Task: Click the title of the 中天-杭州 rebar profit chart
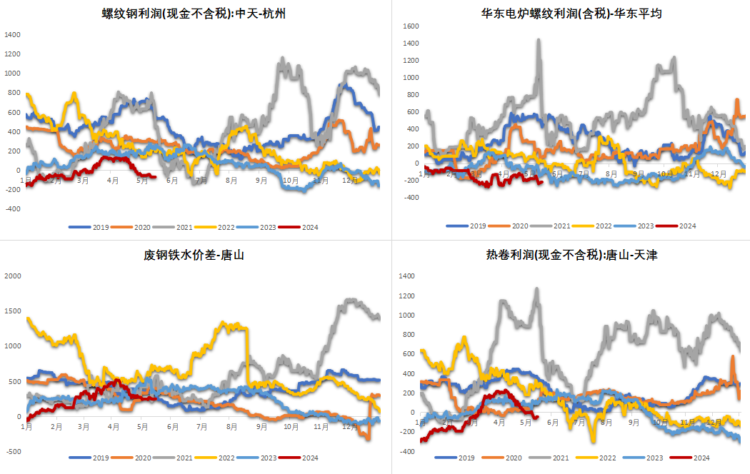[x=194, y=14]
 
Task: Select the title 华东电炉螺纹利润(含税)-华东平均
[x=571, y=14]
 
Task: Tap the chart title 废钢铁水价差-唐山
[x=194, y=255]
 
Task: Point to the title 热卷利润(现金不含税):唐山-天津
[x=571, y=255]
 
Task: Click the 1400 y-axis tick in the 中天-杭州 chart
[x=12, y=35]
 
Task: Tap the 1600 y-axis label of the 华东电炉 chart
[x=411, y=26]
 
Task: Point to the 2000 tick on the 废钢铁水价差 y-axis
[x=13, y=276]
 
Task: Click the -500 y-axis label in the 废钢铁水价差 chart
[x=14, y=452]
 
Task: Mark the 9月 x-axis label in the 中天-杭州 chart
[x=261, y=181]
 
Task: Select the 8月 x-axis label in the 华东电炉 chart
[x=611, y=174]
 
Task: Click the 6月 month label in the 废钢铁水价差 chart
[x=173, y=427]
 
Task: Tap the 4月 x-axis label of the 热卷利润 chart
[x=499, y=423]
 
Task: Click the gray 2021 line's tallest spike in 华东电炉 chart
[x=539, y=41]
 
